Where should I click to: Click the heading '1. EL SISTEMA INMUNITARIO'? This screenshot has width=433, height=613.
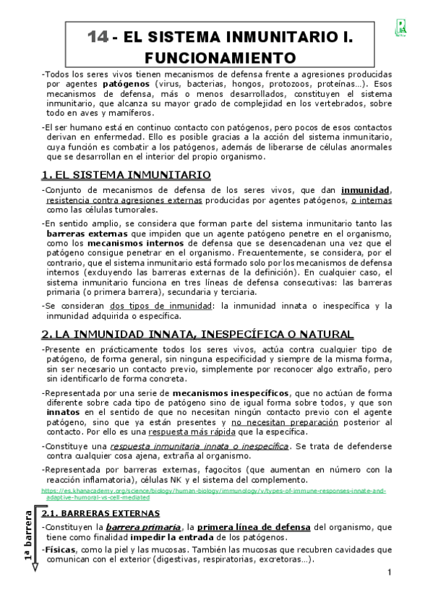[126, 175]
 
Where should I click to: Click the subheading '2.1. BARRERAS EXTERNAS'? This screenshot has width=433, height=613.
[101, 513]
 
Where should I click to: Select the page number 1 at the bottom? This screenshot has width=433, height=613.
[389, 573]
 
